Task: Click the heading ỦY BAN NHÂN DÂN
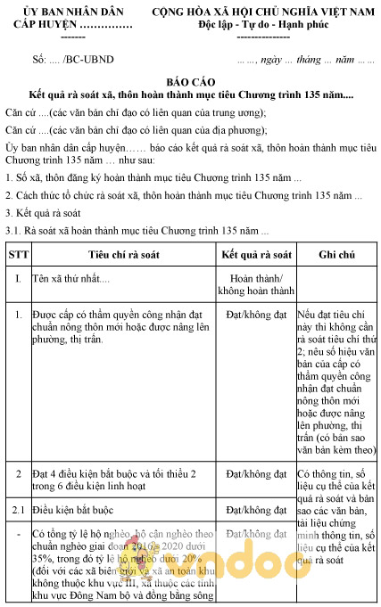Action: (73, 12)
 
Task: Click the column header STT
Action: (18, 255)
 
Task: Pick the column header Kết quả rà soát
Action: (256, 255)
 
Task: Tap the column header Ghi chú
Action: (337, 255)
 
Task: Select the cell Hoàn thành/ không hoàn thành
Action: (256, 285)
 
